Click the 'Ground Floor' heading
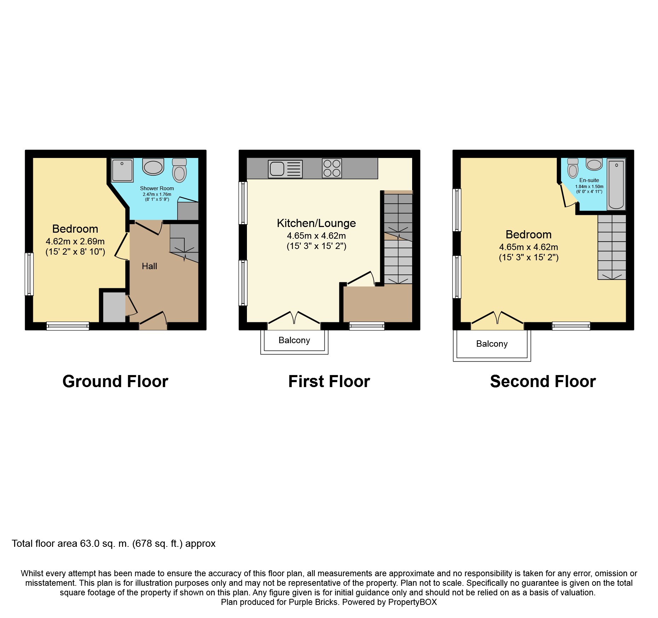(x=115, y=382)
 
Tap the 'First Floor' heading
(x=329, y=382)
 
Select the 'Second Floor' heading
(x=543, y=382)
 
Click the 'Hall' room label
(x=149, y=266)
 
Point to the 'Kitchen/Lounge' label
(x=316, y=223)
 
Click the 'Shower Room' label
(x=157, y=188)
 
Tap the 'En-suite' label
(x=589, y=180)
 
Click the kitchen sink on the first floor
(x=285, y=169)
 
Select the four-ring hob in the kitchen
(x=332, y=168)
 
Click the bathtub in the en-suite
(x=616, y=184)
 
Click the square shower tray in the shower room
(x=122, y=170)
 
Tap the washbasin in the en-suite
(x=594, y=164)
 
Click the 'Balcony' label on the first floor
(x=294, y=340)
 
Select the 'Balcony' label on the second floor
(x=492, y=344)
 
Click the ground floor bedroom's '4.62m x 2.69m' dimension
(x=75, y=242)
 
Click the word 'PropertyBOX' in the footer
(x=412, y=602)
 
